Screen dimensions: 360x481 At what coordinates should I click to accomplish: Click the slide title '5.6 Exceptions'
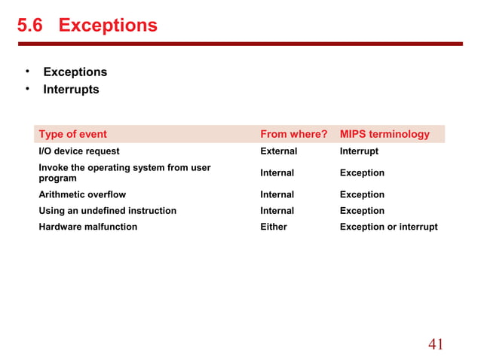coord(87,26)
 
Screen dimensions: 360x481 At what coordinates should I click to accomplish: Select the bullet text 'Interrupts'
coord(71,90)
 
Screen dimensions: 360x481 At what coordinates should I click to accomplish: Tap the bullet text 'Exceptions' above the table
coord(75,72)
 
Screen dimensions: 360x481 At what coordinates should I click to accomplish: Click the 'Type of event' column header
coord(72,135)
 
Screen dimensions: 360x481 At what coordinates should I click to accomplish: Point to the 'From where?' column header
coord(293,135)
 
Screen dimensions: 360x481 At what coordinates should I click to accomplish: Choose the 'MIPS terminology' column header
coord(384,135)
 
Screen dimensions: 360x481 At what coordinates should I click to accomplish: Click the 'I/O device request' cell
coord(79,151)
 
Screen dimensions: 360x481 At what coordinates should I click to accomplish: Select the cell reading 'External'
coord(278,151)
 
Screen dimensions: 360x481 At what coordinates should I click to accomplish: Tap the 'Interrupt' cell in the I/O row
coord(359,151)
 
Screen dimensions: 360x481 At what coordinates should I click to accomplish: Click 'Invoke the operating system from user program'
coord(124,172)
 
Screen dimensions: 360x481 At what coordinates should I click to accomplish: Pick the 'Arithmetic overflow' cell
coord(82,194)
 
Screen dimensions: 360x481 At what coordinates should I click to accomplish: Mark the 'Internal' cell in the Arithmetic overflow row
coord(277,194)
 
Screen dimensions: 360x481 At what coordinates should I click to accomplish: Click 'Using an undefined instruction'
coord(107,211)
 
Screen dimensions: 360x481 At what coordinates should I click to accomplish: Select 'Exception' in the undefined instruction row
coord(362,211)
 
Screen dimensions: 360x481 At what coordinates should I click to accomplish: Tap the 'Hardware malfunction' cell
coord(87,227)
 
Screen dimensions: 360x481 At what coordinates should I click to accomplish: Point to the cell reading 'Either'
coord(274,227)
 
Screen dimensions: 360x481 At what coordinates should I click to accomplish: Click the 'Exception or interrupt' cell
coord(388,227)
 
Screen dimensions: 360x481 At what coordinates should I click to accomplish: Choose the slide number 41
coord(436,344)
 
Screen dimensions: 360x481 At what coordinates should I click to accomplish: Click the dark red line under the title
coord(240,44)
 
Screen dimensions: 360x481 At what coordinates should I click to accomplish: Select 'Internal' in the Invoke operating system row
coord(277,173)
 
